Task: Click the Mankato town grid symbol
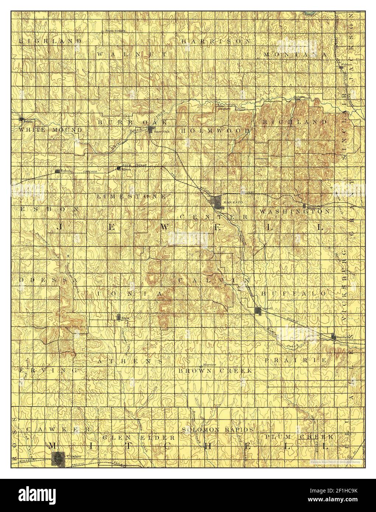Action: pos(216,202)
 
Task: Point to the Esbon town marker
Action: pos(58,171)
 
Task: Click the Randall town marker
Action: pos(334,337)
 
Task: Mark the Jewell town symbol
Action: pos(258,311)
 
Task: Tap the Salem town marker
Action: pos(21,119)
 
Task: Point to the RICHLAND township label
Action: pos(295,122)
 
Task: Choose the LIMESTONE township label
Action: pos(132,197)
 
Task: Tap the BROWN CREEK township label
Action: pos(215,370)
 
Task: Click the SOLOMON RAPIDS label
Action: pos(217,429)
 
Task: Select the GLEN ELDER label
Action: pos(139,438)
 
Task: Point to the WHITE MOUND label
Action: pos(50,130)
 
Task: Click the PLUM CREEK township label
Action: pos(299,436)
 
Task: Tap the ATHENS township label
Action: pos(130,361)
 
